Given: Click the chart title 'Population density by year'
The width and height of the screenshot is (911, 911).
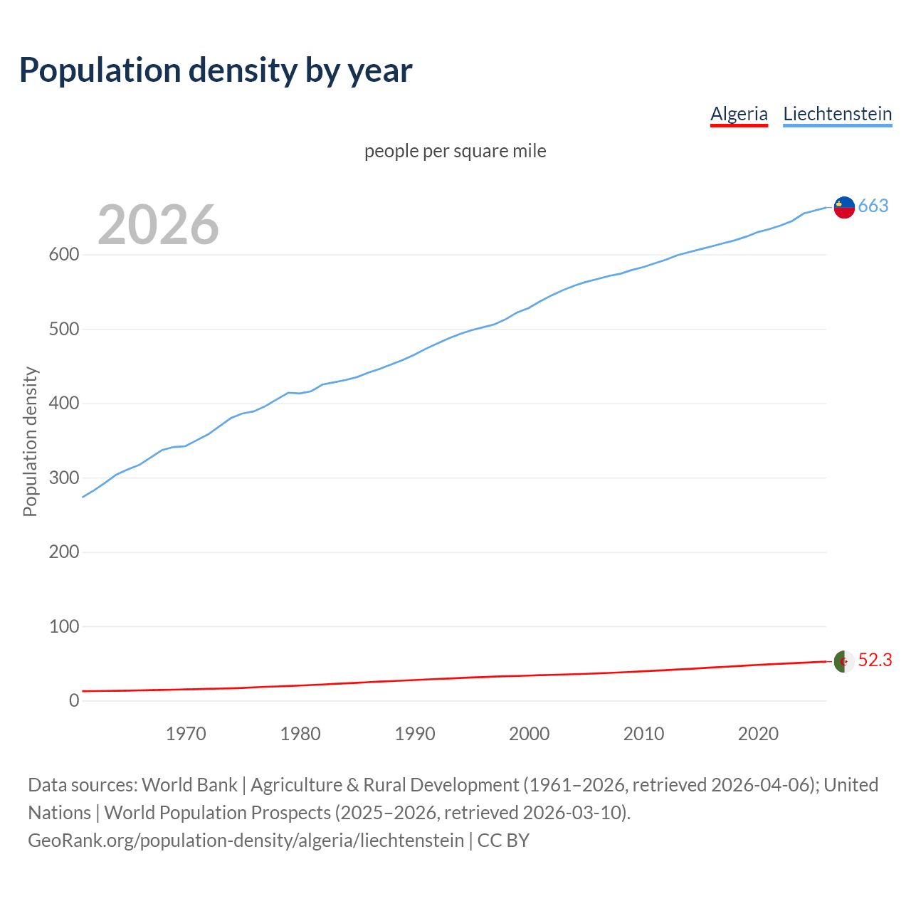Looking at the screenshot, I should tap(216, 70).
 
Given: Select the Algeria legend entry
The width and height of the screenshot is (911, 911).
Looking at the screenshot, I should tap(739, 114).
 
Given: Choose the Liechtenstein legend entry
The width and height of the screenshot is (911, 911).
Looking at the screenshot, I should tap(837, 114).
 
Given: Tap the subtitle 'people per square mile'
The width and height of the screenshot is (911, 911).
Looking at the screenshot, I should tap(455, 151).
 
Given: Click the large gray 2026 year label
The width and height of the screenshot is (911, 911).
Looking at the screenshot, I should tap(158, 225).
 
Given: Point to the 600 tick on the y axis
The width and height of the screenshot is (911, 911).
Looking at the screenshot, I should tap(63, 255).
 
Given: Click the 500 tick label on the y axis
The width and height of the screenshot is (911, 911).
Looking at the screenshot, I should tap(63, 329).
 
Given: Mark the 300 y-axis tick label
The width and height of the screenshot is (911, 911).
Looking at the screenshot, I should tap(63, 478).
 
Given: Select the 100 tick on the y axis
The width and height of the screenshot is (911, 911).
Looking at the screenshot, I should tap(63, 626).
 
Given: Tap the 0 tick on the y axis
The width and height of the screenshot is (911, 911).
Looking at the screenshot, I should tap(73, 700).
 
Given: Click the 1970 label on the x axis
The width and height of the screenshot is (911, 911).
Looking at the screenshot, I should tap(186, 734).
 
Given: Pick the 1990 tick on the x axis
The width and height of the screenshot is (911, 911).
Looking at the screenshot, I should tap(415, 734).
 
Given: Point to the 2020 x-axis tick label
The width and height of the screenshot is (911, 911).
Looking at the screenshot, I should tap(758, 734).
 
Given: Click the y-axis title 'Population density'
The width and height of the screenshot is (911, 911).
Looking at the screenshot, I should tap(30, 441).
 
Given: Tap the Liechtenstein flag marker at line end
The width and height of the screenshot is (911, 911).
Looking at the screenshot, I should tap(844, 206).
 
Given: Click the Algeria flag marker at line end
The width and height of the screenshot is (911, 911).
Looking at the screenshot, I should tap(844, 661).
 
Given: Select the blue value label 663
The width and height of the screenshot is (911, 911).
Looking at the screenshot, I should tap(873, 206).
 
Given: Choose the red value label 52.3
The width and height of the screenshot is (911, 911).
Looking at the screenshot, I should tap(875, 660).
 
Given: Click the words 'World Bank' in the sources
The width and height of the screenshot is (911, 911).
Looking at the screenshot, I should tap(189, 785).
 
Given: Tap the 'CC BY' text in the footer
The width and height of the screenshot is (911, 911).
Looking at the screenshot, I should tap(503, 841).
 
